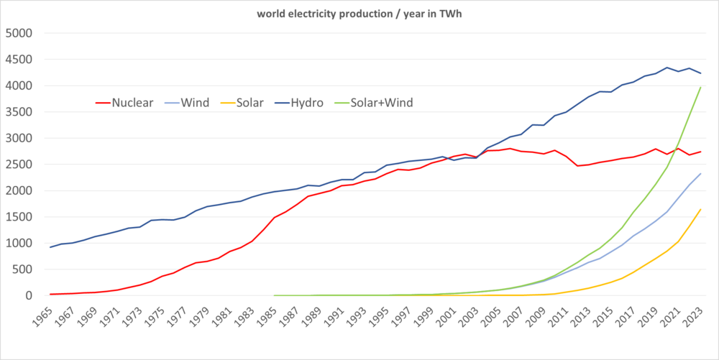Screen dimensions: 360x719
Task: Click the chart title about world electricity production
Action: point(359,14)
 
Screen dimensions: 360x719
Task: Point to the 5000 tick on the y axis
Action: point(19,33)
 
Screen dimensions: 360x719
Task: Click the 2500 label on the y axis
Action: point(19,165)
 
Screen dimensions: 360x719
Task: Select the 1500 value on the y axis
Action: point(19,217)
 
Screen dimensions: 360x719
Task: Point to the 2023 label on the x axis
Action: point(699,317)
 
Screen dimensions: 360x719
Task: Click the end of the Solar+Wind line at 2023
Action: point(701,88)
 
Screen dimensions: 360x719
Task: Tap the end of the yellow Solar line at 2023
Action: point(701,209)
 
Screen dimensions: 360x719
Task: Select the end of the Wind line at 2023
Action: point(701,173)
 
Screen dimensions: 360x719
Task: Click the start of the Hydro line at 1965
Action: point(50,247)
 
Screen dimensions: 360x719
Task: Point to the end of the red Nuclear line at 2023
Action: point(701,152)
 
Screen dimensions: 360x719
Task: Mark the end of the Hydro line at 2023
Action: point(701,73)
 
